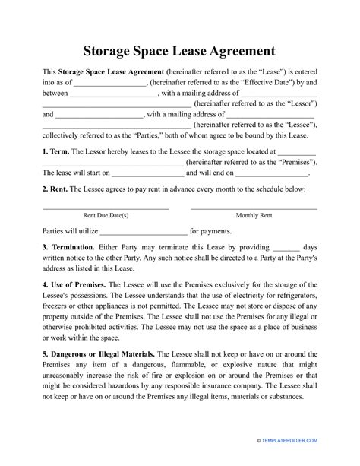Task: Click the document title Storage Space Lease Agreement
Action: point(179,52)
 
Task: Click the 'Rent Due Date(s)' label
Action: point(105,215)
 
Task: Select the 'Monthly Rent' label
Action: point(254,215)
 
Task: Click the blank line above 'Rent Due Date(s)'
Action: point(105,207)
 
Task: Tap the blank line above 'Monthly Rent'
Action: point(254,207)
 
